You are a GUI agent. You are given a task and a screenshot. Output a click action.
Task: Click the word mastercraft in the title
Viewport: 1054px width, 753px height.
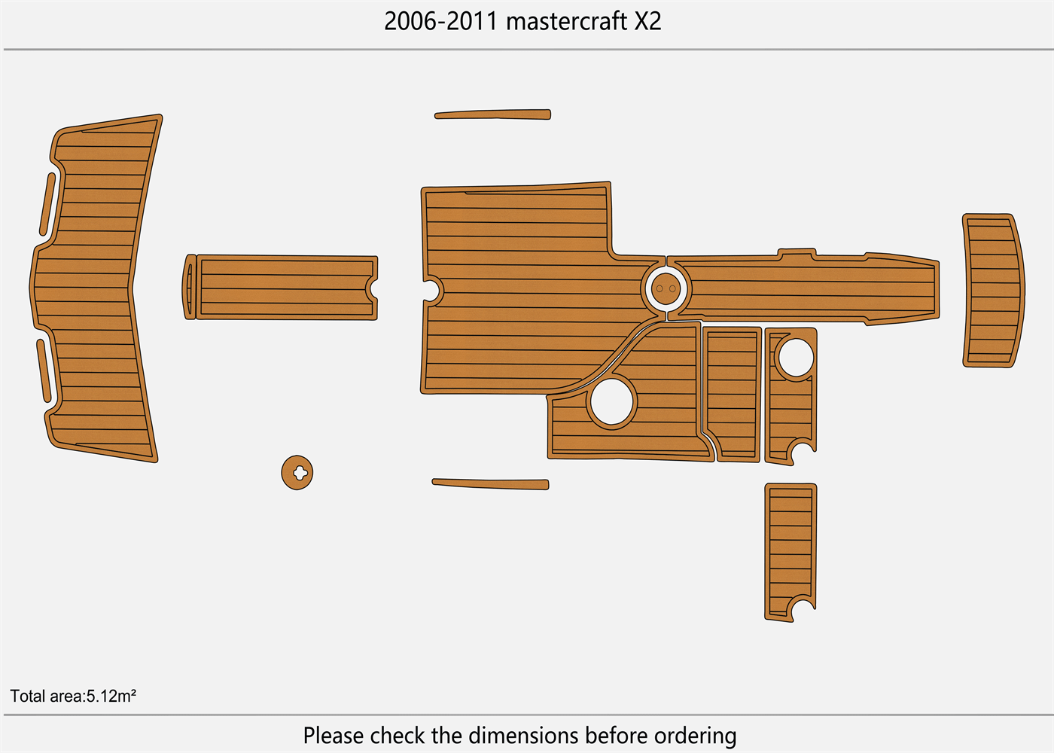pos(566,21)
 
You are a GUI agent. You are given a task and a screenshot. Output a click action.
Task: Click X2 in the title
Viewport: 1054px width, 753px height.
pos(647,21)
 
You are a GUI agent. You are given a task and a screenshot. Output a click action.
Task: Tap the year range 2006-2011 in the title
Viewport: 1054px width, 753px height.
pos(441,21)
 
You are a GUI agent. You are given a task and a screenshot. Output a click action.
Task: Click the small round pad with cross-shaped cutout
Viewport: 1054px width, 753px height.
pos(297,472)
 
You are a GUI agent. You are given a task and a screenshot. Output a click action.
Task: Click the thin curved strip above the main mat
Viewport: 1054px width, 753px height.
pos(493,115)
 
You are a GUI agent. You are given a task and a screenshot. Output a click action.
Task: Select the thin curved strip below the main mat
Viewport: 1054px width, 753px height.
pos(490,483)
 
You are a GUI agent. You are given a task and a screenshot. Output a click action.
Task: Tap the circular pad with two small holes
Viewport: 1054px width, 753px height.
pos(666,288)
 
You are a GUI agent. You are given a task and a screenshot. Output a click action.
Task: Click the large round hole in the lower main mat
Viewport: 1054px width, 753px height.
pos(612,401)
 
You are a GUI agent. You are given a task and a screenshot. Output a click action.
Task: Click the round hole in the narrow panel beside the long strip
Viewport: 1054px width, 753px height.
pos(795,358)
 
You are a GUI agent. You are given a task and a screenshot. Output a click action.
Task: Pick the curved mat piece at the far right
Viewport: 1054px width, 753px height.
pos(993,291)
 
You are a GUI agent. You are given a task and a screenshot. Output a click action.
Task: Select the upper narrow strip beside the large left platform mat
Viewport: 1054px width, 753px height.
pos(47,204)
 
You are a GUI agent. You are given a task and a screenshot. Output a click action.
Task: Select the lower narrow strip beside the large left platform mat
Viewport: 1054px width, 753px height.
pos(44,370)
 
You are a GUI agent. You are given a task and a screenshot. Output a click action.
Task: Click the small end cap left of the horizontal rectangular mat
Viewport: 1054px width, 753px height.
pos(190,287)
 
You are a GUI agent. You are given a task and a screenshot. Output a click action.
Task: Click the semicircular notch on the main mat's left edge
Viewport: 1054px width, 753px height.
pos(431,289)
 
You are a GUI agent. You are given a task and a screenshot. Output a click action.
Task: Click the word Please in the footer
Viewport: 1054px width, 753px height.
pos(334,735)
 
